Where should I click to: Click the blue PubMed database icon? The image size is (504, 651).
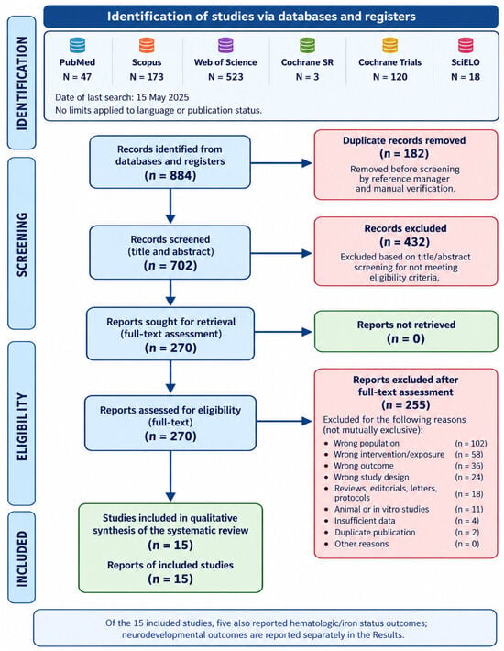tap(77, 45)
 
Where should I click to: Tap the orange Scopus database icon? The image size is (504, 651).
tap(147, 45)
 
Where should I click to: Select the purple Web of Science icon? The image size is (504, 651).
tap(225, 45)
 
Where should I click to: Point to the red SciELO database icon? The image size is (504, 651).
tap(466, 45)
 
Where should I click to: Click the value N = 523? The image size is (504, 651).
tap(225, 77)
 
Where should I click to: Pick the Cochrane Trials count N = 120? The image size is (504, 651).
tap(390, 77)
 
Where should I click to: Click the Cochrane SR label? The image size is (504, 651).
tap(307, 62)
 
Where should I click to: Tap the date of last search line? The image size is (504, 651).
tap(122, 97)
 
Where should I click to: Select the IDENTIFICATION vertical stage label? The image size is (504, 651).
tap(22, 83)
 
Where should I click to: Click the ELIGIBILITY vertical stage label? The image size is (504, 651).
tap(22, 426)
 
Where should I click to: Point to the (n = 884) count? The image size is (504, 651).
tap(170, 175)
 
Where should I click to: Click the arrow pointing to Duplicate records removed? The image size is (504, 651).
tap(281, 163)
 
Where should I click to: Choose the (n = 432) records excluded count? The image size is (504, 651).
tap(404, 242)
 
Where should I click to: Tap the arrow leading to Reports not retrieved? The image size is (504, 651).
tap(283, 332)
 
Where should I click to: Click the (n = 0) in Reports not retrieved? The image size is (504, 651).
tap(406, 338)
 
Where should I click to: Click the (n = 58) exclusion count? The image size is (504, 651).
tap(469, 454)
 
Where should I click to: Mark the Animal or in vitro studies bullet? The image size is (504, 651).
tap(381, 509)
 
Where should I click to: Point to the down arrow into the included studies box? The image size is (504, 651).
tap(170, 476)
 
